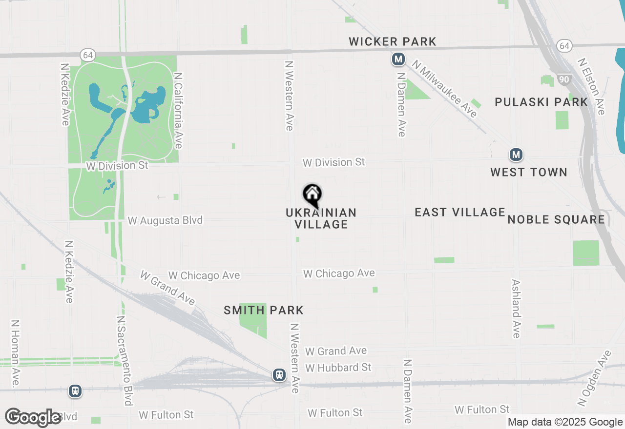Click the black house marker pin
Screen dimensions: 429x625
click(312, 195)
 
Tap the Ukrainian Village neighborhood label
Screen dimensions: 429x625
click(321, 218)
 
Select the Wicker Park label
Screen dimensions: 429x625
click(393, 42)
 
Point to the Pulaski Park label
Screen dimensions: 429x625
click(542, 102)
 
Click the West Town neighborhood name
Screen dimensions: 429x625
click(529, 172)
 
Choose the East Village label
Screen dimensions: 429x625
click(460, 212)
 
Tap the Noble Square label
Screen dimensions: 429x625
click(556, 219)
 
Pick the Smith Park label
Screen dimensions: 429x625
click(264, 310)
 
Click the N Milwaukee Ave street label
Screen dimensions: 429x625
click(444, 89)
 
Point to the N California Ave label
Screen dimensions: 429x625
click(178, 111)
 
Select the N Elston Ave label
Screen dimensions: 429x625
click(591, 87)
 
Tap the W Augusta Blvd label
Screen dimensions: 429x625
click(165, 221)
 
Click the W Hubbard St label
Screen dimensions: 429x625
click(338, 367)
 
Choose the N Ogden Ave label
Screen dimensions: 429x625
click(594, 378)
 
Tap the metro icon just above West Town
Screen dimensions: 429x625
click(516, 155)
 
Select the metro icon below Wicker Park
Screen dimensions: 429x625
click(398, 59)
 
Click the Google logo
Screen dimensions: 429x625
click(33, 417)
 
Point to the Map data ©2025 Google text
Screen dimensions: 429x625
click(565, 422)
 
